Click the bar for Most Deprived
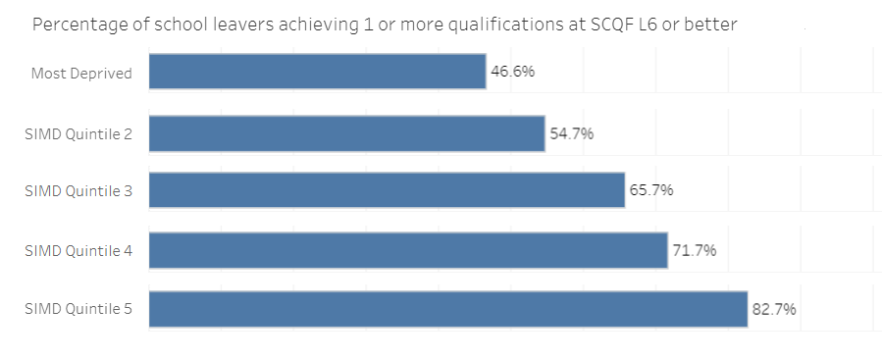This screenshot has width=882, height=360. tap(317, 72)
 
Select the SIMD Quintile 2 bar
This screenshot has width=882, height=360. tap(346, 133)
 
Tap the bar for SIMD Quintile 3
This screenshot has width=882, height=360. tap(387, 190)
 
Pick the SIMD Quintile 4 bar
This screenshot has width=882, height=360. tap(408, 250)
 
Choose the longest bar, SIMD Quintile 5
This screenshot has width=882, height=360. tap(448, 309)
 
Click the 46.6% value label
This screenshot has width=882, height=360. tap(512, 72)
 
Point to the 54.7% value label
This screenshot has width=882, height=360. tap(571, 133)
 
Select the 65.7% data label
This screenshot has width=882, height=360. tap(651, 190)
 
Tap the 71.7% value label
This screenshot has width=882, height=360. tap(695, 250)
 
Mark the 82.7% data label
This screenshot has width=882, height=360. tap(774, 309)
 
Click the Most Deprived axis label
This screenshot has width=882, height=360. tap(81, 73)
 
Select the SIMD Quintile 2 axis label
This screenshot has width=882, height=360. tap(78, 133)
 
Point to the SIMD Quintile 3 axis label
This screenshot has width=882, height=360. tap(78, 191)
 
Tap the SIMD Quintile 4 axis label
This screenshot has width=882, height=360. tap(78, 250)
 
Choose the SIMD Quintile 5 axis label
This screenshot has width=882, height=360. tap(78, 310)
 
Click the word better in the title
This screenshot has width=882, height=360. tap(711, 25)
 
